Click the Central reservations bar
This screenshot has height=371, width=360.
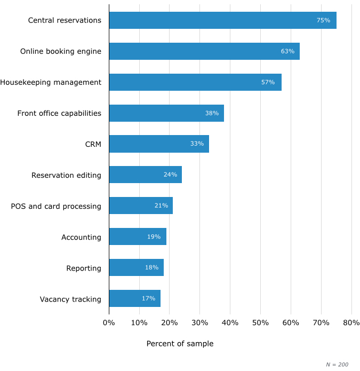coord(222,20)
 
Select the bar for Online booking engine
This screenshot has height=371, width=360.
coord(204,51)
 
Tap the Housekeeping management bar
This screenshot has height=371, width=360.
coord(195,82)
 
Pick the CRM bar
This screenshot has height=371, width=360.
coord(159,144)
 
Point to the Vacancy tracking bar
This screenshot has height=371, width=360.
coord(134,298)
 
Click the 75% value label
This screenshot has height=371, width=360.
coord(323,20)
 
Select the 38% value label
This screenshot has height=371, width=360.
coord(212,113)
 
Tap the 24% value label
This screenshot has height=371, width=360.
coord(170,175)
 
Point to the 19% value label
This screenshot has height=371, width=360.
coord(154,236)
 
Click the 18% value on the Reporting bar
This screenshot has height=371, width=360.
coord(151,267)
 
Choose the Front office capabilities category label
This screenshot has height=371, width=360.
coord(59,113)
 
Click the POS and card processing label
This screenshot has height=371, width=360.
coord(56,206)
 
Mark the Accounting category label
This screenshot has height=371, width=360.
coord(81,237)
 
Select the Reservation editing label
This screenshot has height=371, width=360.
coord(66,175)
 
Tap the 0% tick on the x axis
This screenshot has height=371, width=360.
coord(109,323)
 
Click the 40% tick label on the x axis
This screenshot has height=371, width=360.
coord(230,323)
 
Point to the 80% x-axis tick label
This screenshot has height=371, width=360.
coord(351,323)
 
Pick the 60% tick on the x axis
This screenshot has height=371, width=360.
coord(291,323)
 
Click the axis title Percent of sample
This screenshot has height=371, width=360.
coord(180,344)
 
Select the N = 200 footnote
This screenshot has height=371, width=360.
coord(337,365)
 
